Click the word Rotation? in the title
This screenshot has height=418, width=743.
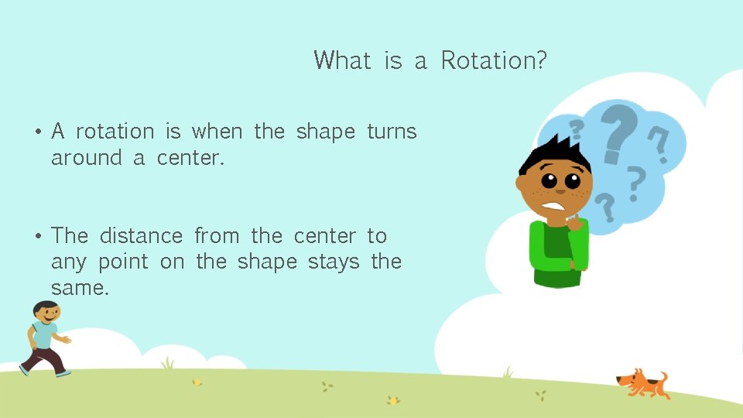click(494, 60)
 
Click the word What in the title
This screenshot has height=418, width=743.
click(342, 60)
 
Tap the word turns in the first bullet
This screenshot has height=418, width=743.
click(392, 132)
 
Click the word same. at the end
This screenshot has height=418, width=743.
click(80, 288)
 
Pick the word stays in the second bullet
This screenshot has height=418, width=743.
click(334, 262)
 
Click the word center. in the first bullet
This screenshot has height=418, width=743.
click(190, 158)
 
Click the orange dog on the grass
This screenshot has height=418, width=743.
click(642, 382)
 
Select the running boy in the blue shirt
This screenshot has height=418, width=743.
click(46, 337)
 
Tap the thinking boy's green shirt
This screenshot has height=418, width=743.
click(557, 252)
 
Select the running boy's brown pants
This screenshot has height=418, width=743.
click(43, 358)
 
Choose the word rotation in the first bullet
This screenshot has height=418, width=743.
click(115, 132)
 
